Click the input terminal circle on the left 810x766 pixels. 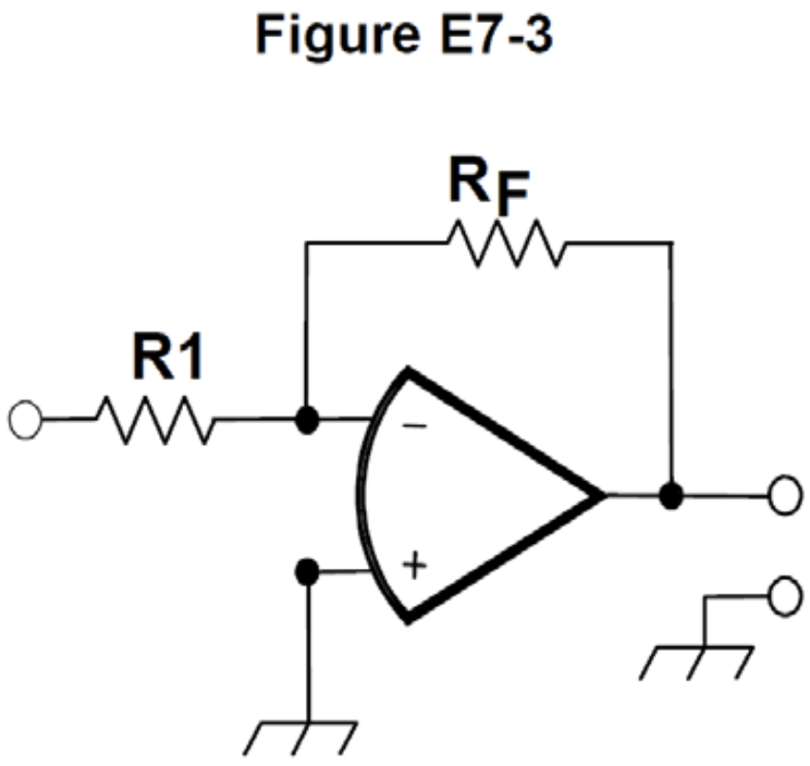pyautogui.click(x=24, y=419)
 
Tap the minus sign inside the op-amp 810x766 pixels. pyautogui.click(x=414, y=426)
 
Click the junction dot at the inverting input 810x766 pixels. pyautogui.click(x=306, y=419)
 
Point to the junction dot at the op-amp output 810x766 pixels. pyautogui.click(x=673, y=495)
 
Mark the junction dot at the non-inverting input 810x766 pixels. pyautogui.click(x=306, y=573)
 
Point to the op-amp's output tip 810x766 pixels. pyautogui.click(x=602, y=495)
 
